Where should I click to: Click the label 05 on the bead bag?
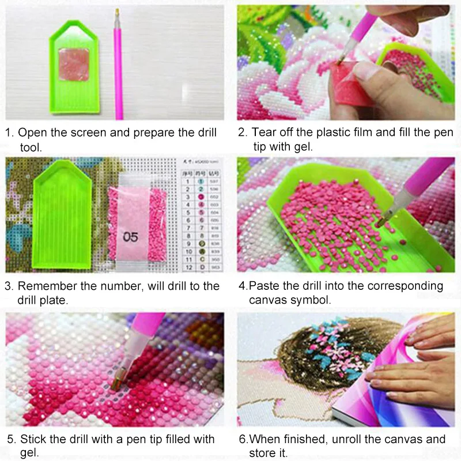pos(131,236)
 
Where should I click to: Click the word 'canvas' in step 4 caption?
pos(269,300)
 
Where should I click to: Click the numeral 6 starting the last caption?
pos(241,440)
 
